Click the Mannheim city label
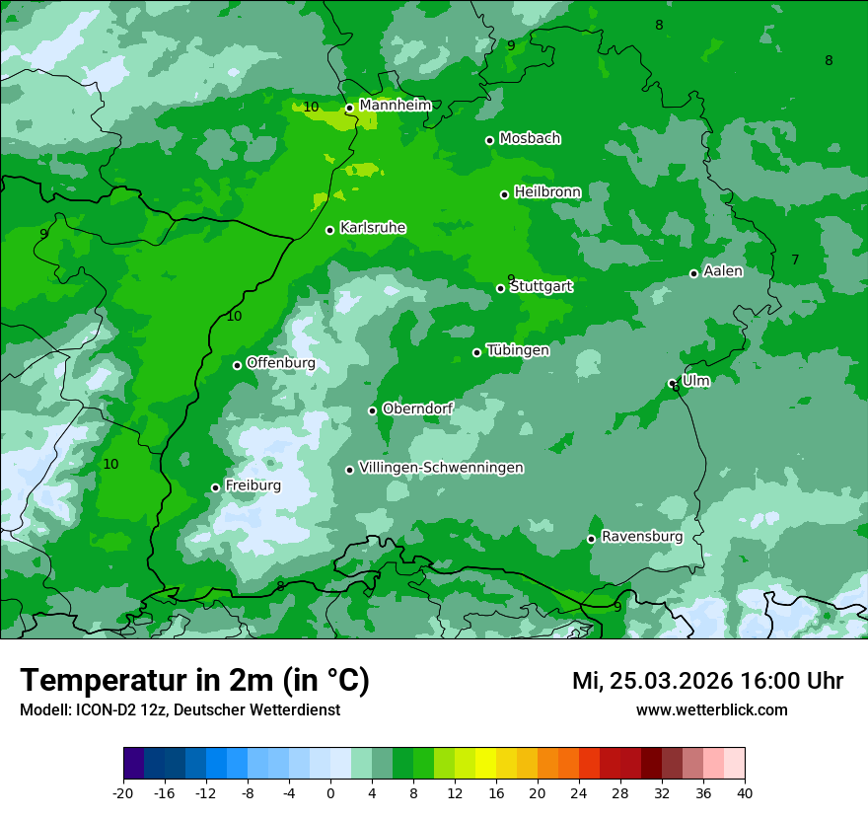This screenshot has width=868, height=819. coord(396,105)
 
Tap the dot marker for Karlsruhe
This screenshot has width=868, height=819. coord(330,230)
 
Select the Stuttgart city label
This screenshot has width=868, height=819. coord(542,286)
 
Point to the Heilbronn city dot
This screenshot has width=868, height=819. coord(504,194)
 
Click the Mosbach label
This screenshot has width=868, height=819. coord(530,138)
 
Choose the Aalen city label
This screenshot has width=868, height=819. coord(723,270)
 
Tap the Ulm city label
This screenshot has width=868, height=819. coord(696,380)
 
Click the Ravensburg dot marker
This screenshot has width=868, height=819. coord(591,539)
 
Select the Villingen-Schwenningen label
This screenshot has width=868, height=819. coord(441,467)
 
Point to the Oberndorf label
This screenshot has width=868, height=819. coord(417,408)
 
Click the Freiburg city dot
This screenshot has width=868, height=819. coord(215,487)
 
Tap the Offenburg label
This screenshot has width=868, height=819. coord(281,362)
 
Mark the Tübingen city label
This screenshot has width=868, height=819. coord(518,349)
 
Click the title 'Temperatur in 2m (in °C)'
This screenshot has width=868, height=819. coord(195,680)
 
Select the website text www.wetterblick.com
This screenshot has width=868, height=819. coord(711,709)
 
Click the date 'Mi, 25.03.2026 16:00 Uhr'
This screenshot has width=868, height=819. coord(707,681)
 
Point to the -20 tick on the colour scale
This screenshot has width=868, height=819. coord(123,792)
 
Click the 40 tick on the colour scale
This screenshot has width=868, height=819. coord(745,792)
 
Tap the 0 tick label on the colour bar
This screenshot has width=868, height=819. coord(330,792)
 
